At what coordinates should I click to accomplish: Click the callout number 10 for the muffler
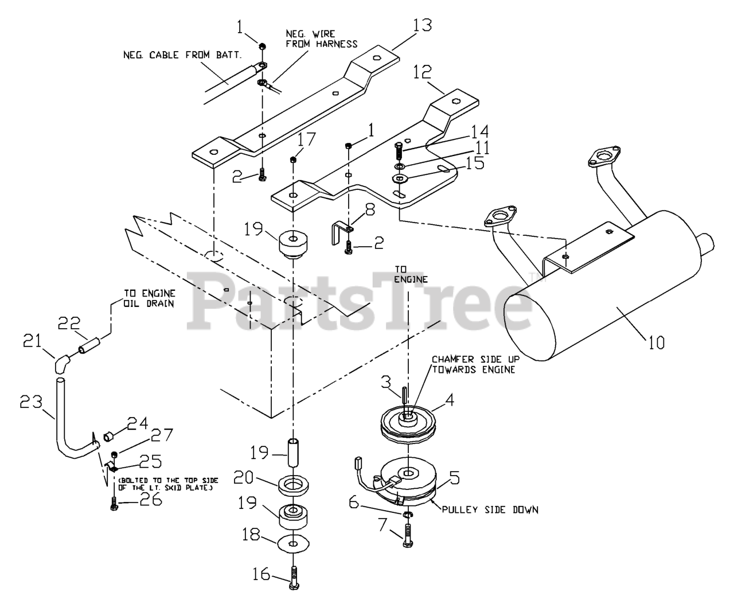click(x=657, y=343)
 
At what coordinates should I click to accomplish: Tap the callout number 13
click(x=421, y=25)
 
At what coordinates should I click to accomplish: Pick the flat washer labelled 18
click(x=294, y=543)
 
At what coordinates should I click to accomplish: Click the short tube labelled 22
click(x=91, y=348)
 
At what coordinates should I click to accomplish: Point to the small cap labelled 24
click(x=107, y=438)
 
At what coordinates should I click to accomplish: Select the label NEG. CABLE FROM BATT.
click(x=182, y=55)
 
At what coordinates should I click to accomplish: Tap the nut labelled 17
click(x=293, y=159)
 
